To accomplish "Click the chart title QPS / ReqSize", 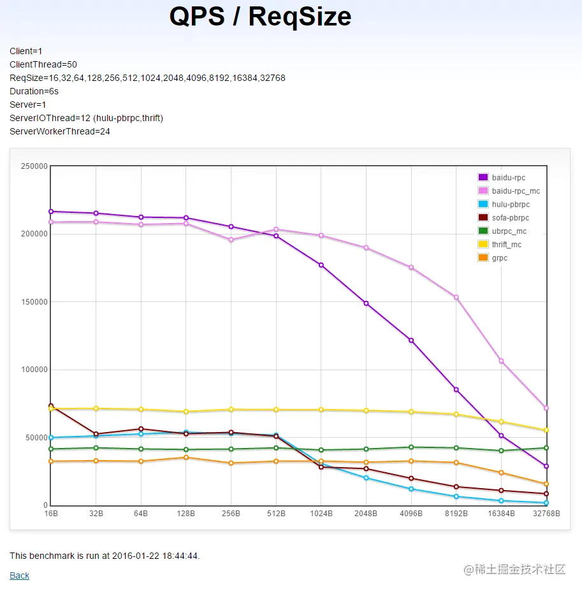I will coord(260,17).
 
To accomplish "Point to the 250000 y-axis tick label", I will coord(35,166).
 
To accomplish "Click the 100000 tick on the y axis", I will coord(35,370).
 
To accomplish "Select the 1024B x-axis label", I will coord(321,514).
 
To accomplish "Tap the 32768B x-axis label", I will coord(545,514).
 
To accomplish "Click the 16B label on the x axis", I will coord(51,514).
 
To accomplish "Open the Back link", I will coord(19,575).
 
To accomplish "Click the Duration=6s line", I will coord(34,91).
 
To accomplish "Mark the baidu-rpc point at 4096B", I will coord(411,340).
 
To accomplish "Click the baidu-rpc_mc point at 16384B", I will coord(501,361).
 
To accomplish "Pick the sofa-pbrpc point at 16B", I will coord(51,406).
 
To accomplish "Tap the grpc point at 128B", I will coord(186,458).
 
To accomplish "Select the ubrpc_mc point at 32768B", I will coord(546,448).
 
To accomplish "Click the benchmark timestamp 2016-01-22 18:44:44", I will coord(155,556).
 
